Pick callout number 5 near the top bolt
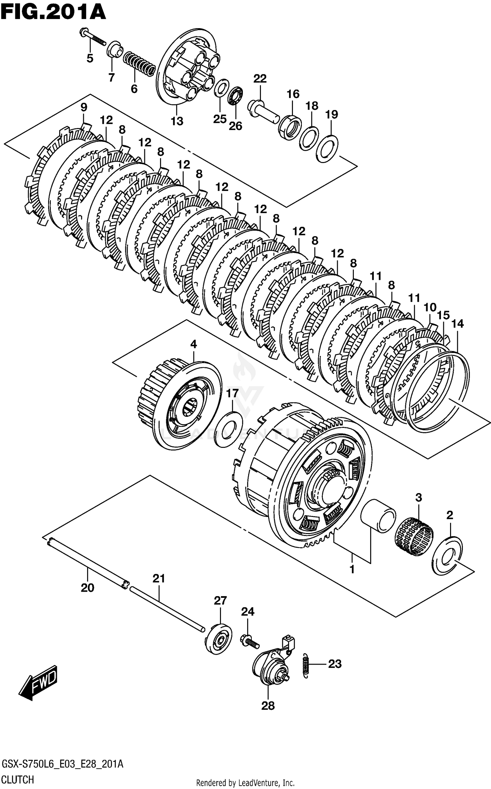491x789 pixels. [x=90, y=59]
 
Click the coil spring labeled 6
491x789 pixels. [x=139, y=64]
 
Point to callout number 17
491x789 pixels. [x=232, y=393]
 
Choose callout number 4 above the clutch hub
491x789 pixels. [x=193, y=344]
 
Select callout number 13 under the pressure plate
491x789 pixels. [x=177, y=121]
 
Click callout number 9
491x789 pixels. [x=84, y=107]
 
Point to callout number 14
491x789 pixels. [x=457, y=324]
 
